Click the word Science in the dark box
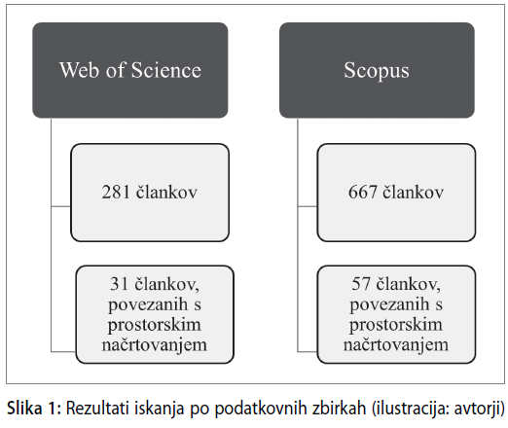click(x=166, y=70)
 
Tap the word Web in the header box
click(x=79, y=70)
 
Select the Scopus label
click(x=377, y=71)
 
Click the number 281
click(x=116, y=192)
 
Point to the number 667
click(x=363, y=192)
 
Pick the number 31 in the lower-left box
click(x=120, y=284)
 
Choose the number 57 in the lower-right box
click(x=361, y=284)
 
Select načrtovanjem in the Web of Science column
click(x=155, y=345)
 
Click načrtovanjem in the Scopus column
click(x=396, y=345)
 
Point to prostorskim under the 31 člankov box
click(x=155, y=325)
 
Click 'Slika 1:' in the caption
click(x=34, y=409)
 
